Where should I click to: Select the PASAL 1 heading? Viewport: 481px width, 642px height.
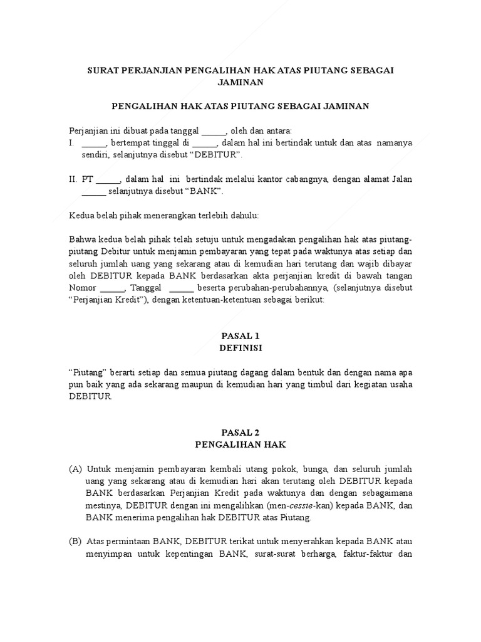click(240, 335)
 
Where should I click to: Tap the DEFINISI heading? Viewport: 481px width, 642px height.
click(240, 347)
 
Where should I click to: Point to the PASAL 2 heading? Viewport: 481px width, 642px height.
click(240, 433)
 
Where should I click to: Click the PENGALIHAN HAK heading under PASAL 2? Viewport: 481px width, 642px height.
click(240, 444)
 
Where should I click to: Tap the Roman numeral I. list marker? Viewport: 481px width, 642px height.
click(72, 142)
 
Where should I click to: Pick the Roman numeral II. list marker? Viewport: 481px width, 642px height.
click(73, 179)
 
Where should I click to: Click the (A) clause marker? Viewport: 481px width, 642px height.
click(75, 469)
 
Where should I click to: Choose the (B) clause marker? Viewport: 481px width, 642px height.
click(75, 542)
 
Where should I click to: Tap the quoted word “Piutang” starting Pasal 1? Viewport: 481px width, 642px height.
click(88, 372)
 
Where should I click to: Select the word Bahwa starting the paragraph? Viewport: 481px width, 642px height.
click(81, 239)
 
